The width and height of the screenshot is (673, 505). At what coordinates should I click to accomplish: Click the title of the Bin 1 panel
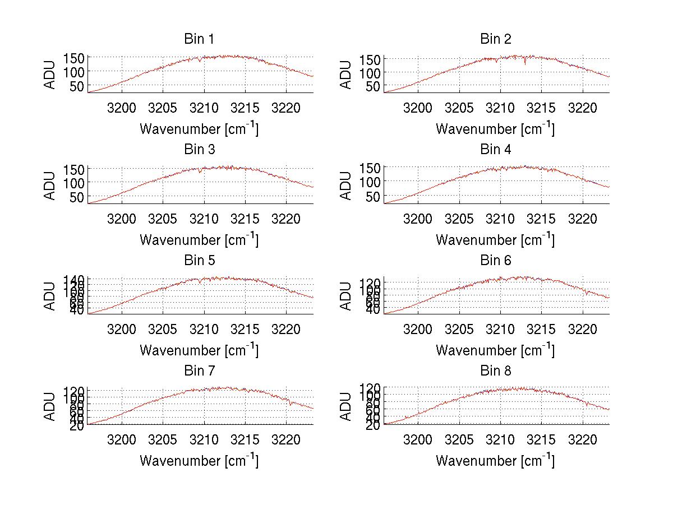pyautogui.click(x=199, y=39)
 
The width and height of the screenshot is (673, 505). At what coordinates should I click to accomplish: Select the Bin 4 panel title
pyautogui.click(x=496, y=150)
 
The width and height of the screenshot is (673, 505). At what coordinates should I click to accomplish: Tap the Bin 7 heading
pyautogui.click(x=199, y=371)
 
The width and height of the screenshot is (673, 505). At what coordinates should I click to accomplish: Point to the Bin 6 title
pyautogui.click(x=496, y=261)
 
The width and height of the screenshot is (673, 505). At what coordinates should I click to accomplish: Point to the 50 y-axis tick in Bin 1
pyautogui.click(x=77, y=86)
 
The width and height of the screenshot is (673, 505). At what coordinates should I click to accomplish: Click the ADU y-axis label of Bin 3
pyautogui.click(x=50, y=186)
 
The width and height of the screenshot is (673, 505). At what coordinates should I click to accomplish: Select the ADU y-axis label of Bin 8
pyautogui.click(x=347, y=406)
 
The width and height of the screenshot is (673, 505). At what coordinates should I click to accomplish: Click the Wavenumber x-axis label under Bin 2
pyautogui.click(x=495, y=129)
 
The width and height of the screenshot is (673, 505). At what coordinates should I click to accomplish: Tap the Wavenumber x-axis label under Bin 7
pyautogui.click(x=199, y=461)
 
